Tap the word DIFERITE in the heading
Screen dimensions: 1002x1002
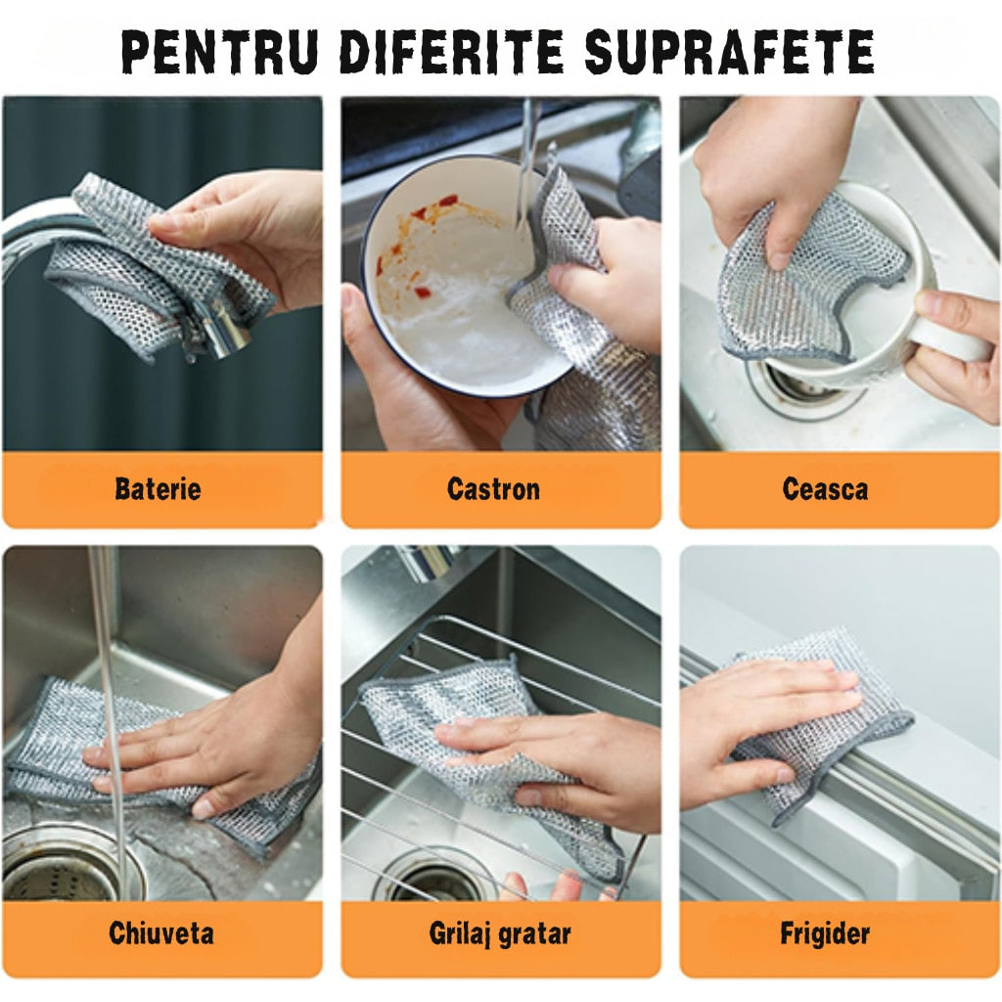coord(451,52)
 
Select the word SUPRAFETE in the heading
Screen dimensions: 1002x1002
coord(729,52)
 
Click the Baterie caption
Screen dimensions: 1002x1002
coord(158,489)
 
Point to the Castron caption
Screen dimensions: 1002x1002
coord(493,489)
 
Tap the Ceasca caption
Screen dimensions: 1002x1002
coord(825,489)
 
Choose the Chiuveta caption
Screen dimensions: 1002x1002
coord(161,933)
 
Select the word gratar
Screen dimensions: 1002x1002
coord(535,935)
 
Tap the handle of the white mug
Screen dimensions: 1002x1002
coord(946,336)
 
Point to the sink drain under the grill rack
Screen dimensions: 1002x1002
coord(434,879)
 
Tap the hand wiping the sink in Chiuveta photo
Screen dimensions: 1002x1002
coord(211,742)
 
